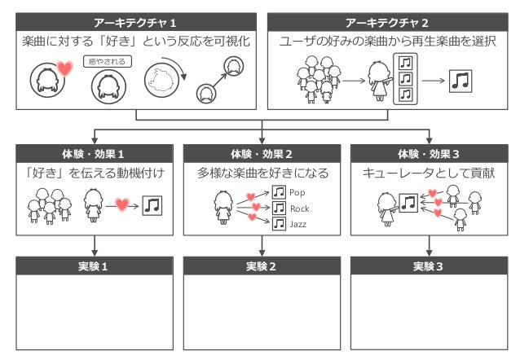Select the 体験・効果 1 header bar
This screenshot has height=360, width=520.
point(95,153)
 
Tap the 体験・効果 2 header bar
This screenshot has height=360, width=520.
point(261,153)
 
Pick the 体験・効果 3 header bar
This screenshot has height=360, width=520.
point(428,153)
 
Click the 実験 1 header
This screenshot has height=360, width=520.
point(95,266)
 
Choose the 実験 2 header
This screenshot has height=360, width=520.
point(261,266)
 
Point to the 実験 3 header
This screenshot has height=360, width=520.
point(428,266)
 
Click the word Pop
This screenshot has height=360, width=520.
point(297,193)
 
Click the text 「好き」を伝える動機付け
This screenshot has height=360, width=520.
point(95,173)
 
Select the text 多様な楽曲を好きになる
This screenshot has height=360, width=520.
point(261,173)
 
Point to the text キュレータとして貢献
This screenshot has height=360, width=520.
point(427,173)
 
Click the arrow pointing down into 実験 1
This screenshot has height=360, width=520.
point(95,246)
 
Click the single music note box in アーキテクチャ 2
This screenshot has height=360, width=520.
point(461,80)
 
